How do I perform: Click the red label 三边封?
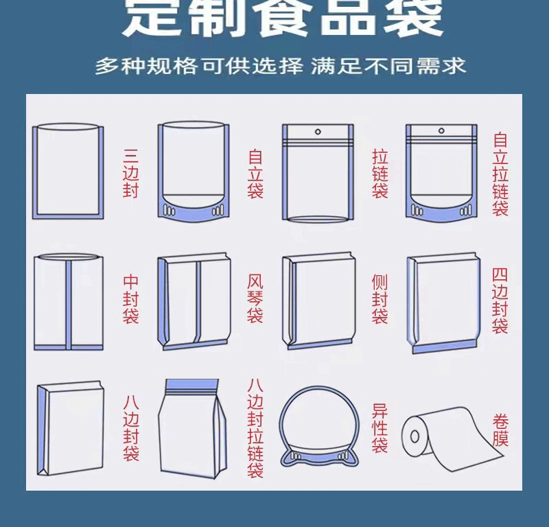point(130,174)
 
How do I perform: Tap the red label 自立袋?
point(255,174)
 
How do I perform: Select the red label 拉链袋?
point(379,174)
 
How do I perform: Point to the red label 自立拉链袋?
point(501,174)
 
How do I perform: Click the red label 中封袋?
point(130,299)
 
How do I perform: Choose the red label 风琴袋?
point(255,299)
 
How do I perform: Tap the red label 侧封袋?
point(379,299)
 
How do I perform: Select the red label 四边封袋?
point(501,299)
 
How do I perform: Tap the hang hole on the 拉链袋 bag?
point(318,131)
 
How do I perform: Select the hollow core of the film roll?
point(415,436)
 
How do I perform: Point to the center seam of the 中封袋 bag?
point(69,302)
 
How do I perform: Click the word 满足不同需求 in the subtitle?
point(388,67)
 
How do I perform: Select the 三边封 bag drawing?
point(68,172)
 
